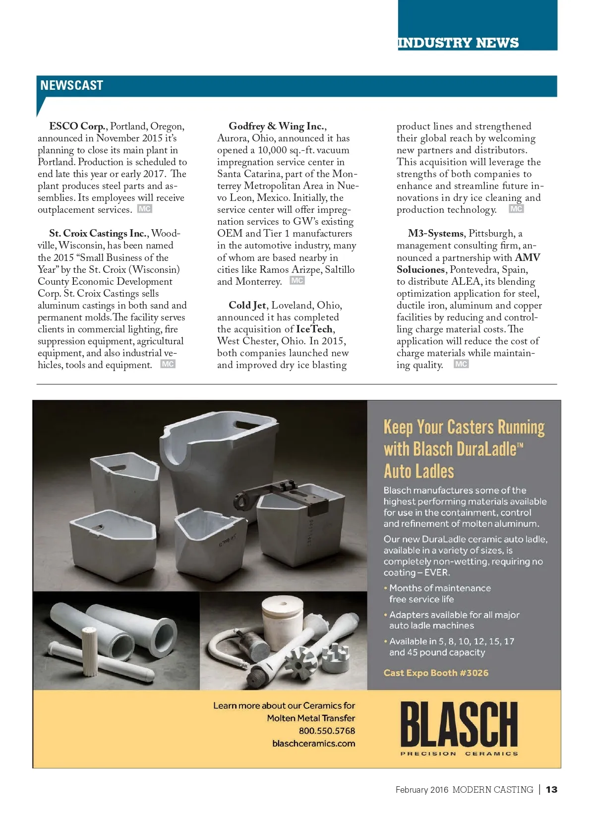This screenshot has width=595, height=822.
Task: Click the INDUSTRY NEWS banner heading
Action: pyautogui.click(x=458, y=43)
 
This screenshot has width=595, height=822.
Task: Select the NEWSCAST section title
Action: pyautogui.click(x=71, y=85)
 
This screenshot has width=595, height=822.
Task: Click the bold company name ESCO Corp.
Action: pyautogui.click(x=77, y=126)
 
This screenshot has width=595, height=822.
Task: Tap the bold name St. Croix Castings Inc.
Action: pyautogui.click(x=98, y=234)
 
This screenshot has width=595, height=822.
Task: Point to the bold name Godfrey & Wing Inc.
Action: pyautogui.click(x=277, y=126)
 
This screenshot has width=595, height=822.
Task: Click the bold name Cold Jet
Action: pyautogui.click(x=247, y=306)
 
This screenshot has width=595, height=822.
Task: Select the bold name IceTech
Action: pyautogui.click(x=314, y=329)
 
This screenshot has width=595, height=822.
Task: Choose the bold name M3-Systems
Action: pyautogui.click(x=435, y=234)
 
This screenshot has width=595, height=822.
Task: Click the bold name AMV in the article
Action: pyautogui.click(x=528, y=257)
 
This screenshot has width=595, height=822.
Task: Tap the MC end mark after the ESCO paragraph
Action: pyautogui.click(x=144, y=209)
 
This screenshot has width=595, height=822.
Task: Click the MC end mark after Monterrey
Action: pyautogui.click(x=297, y=281)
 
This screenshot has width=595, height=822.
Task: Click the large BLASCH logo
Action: pyautogui.click(x=459, y=725)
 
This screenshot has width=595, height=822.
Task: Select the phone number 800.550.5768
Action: pyautogui.click(x=327, y=731)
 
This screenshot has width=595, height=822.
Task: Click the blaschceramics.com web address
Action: pyautogui.click(x=313, y=744)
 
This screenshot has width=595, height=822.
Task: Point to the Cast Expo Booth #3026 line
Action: pyautogui.click(x=436, y=673)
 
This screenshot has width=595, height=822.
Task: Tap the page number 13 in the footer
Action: pyautogui.click(x=551, y=789)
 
